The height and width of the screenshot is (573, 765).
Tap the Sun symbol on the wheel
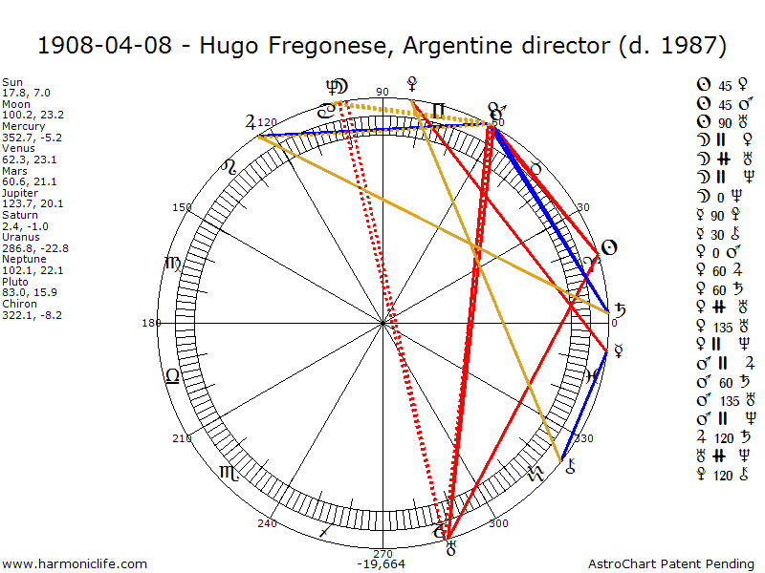click(x=608, y=248)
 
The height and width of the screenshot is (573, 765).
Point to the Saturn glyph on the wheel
click(x=621, y=310)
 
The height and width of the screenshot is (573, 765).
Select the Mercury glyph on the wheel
click(x=619, y=350)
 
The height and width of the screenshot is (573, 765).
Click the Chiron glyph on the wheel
click(x=572, y=467)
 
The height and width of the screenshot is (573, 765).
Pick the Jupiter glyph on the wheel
click(x=251, y=122)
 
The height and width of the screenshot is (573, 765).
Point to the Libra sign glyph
click(x=172, y=375)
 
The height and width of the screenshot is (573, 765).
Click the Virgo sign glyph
click(x=173, y=263)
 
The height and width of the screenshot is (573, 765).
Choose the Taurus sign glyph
click(x=536, y=167)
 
